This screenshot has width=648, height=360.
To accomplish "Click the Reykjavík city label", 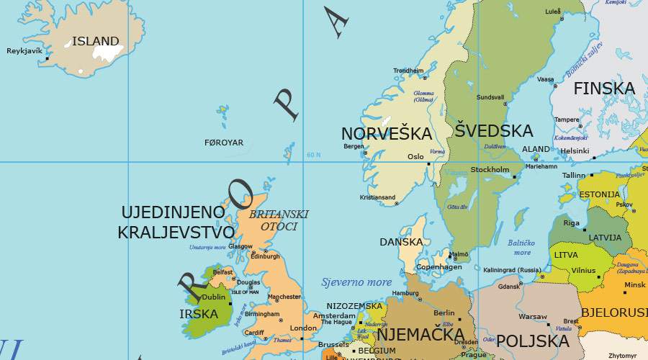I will click(x=24, y=51).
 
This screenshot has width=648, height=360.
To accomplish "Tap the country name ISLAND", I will click(x=95, y=41).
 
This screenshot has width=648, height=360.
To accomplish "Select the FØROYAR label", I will click(x=224, y=143).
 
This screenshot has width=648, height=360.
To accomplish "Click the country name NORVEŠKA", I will click(x=387, y=134).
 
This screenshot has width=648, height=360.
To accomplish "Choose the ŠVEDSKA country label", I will click(x=494, y=131).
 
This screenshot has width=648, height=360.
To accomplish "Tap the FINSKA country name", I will click(x=604, y=89).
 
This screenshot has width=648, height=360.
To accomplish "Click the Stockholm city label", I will click(x=490, y=170).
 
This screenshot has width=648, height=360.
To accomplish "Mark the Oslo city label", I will click(x=415, y=156).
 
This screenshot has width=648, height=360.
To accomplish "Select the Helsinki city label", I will click(x=575, y=150).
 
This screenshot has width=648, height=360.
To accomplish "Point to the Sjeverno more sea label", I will click(x=356, y=282).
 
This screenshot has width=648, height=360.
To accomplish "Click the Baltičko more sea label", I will click(x=522, y=248).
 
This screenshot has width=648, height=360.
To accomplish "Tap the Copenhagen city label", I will click(x=439, y=267).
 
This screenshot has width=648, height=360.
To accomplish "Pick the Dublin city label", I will click(x=215, y=297).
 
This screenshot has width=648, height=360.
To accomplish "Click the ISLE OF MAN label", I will click(x=244, y=292).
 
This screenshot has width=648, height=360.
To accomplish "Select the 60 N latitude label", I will click(x=313, y=155).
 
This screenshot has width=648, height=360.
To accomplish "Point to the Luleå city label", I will click(x=552, y=12).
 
